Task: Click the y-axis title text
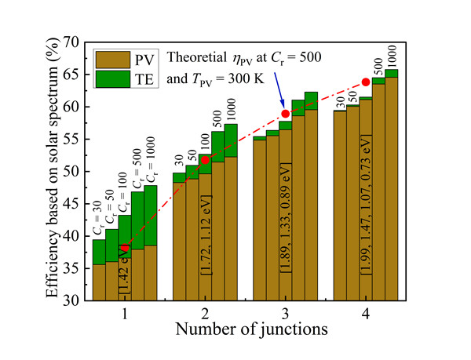pyautogui.click(x=52, y=170)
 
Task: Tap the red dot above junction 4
pyautogui.click(x=366, y=82)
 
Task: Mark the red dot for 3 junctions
pyautogui.click(x=286, y=114)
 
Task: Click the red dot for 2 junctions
pyautogui.click(x=206, y=160)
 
